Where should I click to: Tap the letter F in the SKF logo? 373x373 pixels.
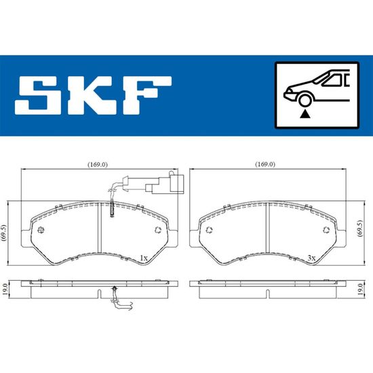point(146,96)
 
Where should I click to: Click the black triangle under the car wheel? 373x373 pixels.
point(305,115)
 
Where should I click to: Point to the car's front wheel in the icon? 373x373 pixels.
point(305,100)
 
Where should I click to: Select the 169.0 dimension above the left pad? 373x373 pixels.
point(98,164)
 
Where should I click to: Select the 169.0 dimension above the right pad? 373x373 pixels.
point(265,164)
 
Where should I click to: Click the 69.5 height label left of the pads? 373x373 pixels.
point(4,233)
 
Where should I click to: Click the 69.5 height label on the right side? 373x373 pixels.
point(361,229)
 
